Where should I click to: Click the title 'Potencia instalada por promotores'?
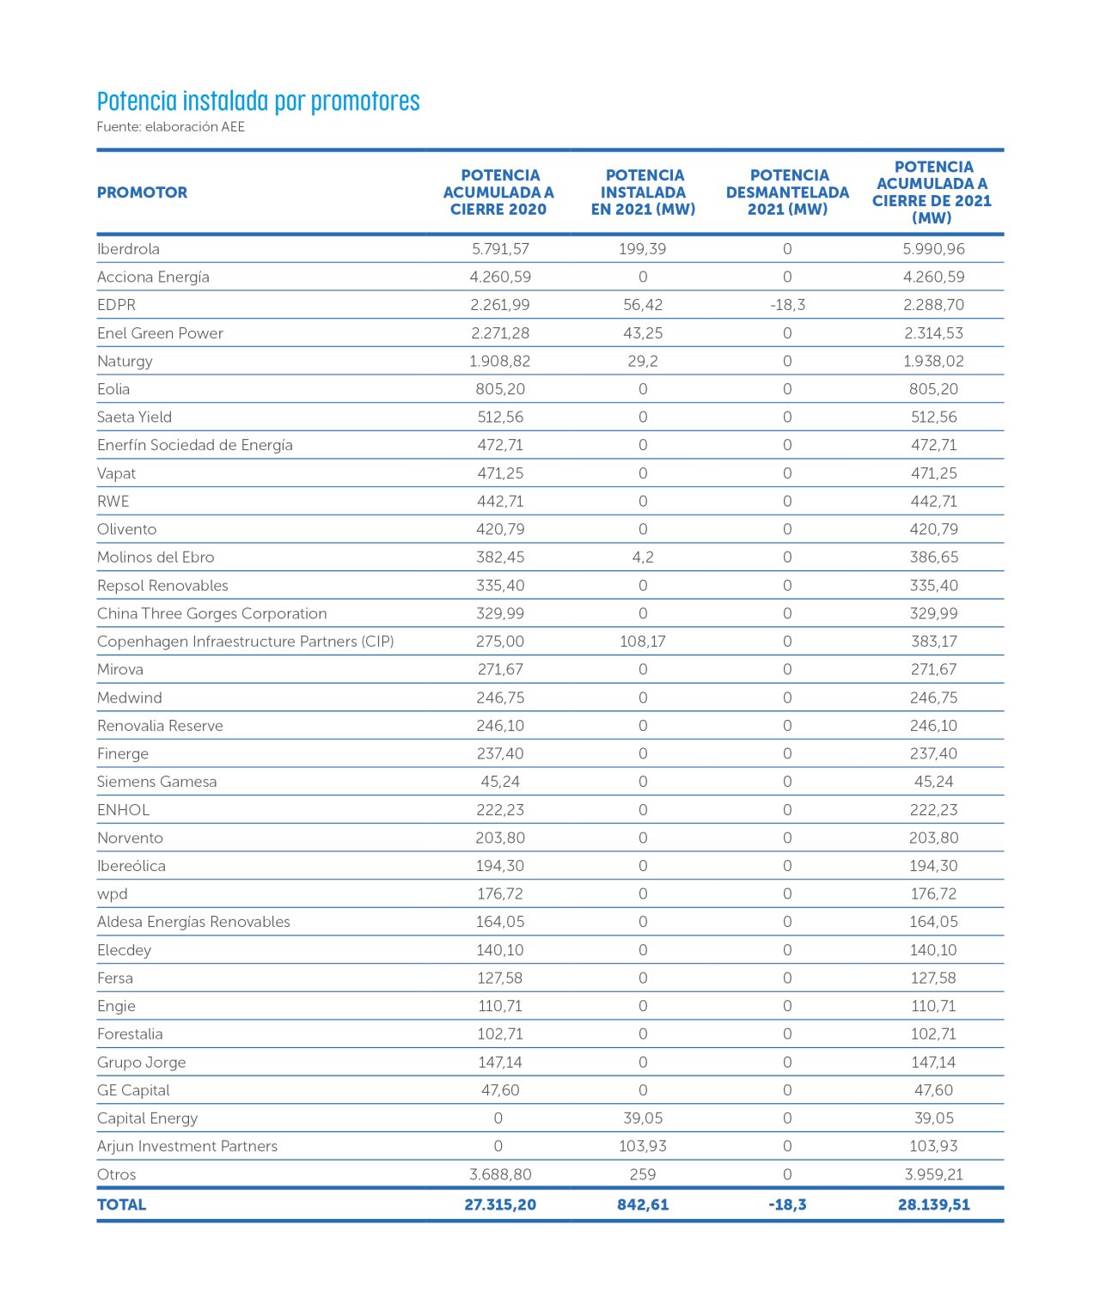coord(258,101)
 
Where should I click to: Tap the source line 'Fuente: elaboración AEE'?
coord(170,127)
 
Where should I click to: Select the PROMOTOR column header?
coord(142,192)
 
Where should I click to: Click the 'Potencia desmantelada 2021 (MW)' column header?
coord(787,192)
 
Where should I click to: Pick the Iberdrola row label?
coord(128,249)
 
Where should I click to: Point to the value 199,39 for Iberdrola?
coord(643,249)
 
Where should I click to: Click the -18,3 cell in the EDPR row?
coord(787,305)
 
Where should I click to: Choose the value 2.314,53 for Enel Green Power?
coord(933,333)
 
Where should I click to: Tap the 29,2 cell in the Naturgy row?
coord(643,361)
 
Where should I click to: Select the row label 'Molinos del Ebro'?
coord(156,558)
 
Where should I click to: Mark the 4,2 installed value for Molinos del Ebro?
coord(643,558)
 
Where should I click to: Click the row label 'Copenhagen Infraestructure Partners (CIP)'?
coord(245,642)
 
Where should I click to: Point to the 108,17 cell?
coord(643,642)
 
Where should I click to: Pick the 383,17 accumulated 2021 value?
coord(933,642)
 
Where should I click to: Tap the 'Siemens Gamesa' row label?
coord(156,782)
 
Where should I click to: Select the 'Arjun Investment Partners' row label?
coord(187,1146)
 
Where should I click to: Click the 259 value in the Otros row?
coord(643,1174)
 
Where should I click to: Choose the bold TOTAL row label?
coord(121,1204)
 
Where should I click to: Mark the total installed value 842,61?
coord(643,1204)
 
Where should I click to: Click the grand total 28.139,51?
coord(933,1204)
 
